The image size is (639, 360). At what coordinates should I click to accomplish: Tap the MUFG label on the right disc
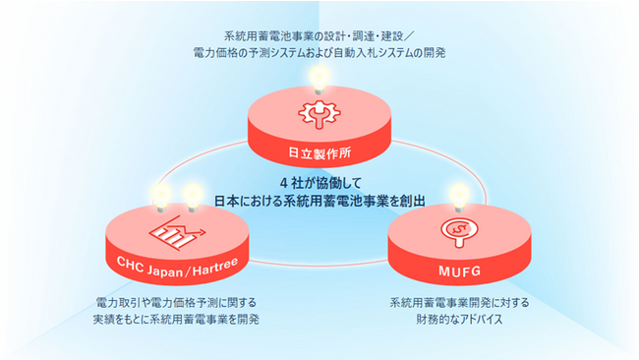456,265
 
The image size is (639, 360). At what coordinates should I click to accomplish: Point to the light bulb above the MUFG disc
456,194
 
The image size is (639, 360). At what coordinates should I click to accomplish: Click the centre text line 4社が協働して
319,183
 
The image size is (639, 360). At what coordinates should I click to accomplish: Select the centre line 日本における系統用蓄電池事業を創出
320,200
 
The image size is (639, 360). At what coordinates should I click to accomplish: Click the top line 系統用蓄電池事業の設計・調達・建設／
319,32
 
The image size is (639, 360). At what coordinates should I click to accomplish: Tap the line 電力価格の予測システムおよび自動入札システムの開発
319,50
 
